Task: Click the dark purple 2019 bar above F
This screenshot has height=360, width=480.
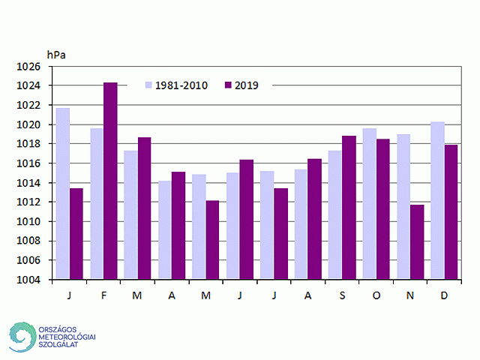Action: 110,181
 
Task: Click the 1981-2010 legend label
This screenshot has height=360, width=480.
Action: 181,85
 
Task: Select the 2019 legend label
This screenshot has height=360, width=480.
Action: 247,85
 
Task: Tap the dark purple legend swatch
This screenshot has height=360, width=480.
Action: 228,85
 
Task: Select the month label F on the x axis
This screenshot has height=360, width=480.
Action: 103,295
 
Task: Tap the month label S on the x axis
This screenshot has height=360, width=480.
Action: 342,295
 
